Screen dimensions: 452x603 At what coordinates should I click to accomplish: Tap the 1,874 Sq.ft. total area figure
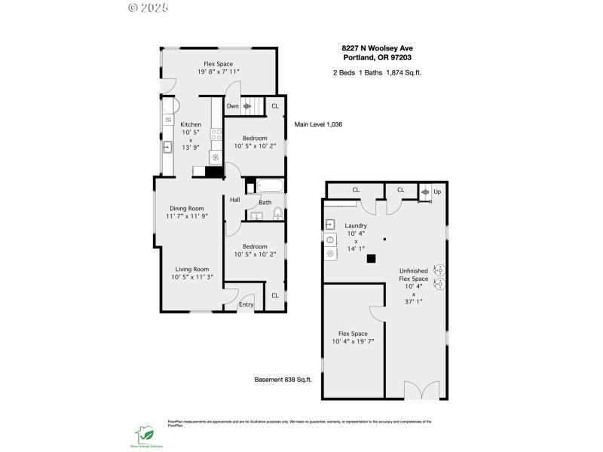[x=404, y=72]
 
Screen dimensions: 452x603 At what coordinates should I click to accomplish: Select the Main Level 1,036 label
[x=318, y=124]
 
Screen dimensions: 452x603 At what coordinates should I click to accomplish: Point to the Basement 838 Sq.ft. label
[x=283, y=380]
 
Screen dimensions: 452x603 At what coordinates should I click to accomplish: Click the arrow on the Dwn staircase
[x=246, y=107]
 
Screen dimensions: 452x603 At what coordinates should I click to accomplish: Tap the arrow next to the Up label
[x=425, y=192]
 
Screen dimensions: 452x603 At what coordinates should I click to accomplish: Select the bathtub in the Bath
[x=269, y=186]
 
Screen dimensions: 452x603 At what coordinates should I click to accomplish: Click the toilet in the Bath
[x=277, y=213]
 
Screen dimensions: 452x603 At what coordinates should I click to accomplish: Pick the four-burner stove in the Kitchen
[x=216, y=136]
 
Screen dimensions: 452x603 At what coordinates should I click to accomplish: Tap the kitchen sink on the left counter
[x=167, y=147]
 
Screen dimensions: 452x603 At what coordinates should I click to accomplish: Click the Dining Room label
[x=186, y=209]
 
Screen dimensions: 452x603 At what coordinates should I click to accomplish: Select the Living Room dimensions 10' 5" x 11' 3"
[x=192, y=277]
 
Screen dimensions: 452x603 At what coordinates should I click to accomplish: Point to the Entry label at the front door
[x=246, y=305]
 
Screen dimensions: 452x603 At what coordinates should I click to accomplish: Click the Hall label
[x=234, y=200]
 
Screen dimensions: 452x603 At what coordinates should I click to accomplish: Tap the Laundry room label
[x=356, y=226]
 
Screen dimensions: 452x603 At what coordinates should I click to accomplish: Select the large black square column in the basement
[x=371, y=258]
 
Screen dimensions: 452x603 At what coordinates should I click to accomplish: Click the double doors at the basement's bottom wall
[x=420, y=390]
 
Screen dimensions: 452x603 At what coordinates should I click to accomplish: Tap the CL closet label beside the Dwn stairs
[x=274, y=107]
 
